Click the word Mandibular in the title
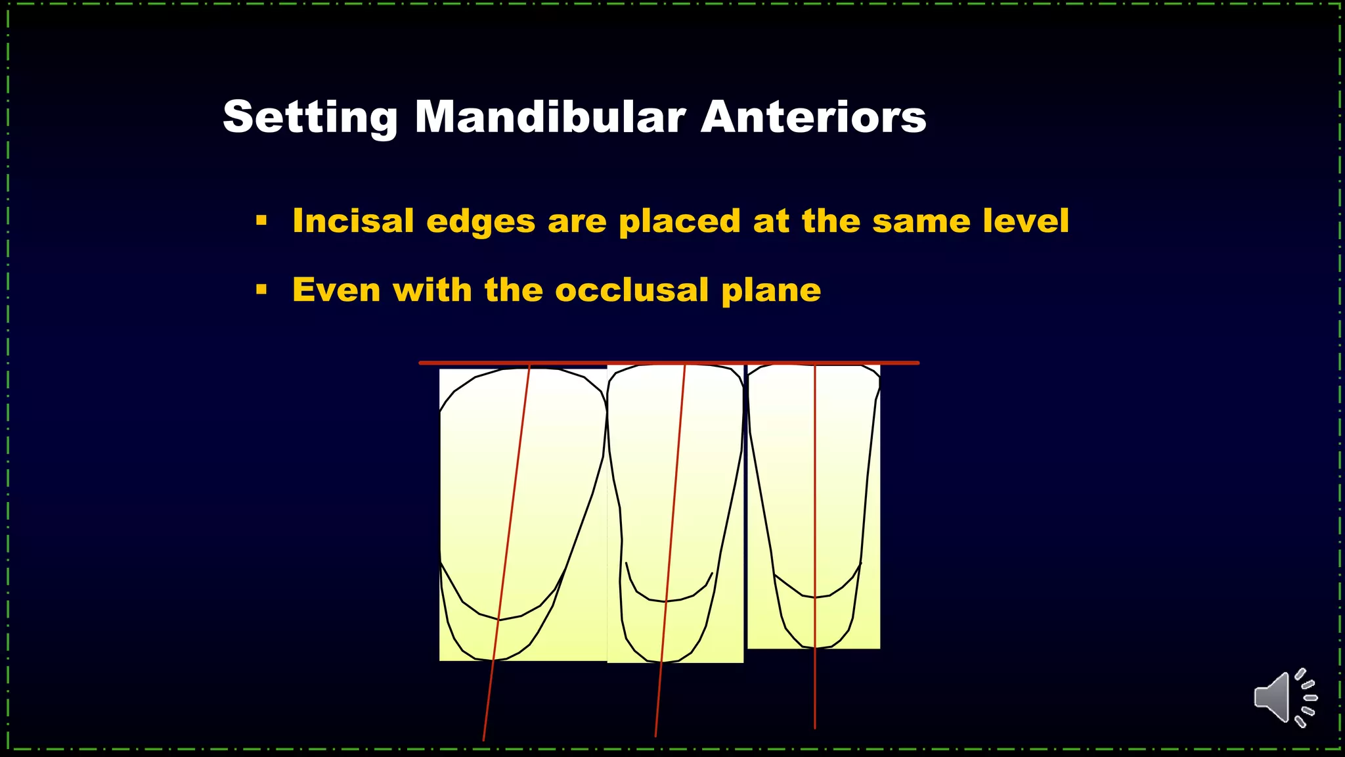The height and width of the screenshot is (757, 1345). (550, 118)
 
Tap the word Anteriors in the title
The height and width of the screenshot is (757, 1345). (813, 118)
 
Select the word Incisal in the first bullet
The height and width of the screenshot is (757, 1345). (353, 221)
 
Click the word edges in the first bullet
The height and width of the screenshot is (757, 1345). (481, 222)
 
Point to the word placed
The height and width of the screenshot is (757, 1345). (680, 221)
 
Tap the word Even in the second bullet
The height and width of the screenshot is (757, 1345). (336, 290)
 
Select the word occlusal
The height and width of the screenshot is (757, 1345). (631, 290)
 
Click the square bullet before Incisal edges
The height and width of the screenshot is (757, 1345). (261, 221)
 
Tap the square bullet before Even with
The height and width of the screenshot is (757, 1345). (261, 290)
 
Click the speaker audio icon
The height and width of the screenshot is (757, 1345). (1285, 698)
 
